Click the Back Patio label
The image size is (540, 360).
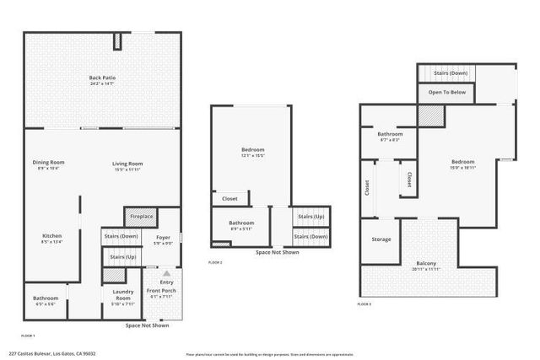(102, 79)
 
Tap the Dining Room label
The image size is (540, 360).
(48, 164)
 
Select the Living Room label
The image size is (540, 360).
(128, 164)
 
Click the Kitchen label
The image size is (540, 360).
(51, 235)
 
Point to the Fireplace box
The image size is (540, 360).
(141, 217)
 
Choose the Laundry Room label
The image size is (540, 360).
(123, 296)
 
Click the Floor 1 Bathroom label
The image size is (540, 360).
(46, 298)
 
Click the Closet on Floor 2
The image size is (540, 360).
(229, 200)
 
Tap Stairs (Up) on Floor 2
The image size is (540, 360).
(310, 217)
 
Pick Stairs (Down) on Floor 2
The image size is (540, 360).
(310, 236)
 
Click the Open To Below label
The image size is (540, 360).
(446, 92)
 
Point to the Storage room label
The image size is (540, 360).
(381, 239)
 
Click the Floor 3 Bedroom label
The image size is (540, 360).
(462, 162)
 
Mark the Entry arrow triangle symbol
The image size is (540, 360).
(166, 274)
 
